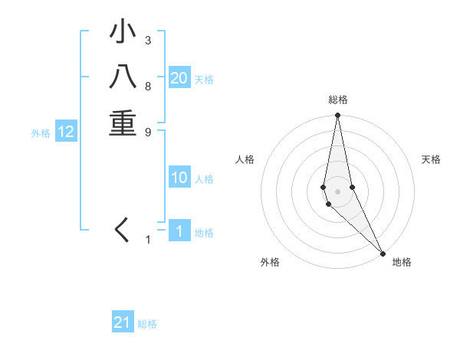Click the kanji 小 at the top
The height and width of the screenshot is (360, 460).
click(x=123, y=33)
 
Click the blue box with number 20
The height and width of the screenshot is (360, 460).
click(x=179, y=78)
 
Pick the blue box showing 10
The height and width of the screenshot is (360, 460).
click(x=179, y=178)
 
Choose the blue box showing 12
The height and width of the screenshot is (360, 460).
click(x=66, y=133)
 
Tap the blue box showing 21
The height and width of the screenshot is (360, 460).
click(x=123, y=322)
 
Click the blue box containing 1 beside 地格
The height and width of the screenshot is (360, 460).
click(x=179, y=231)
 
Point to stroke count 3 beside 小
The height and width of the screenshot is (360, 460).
click(x=148, y=40)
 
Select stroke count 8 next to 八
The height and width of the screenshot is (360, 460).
click(x=148, y=86)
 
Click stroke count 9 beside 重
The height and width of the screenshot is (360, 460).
click(x=148, y=131)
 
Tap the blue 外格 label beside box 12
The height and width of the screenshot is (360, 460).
click(x=41, y=133)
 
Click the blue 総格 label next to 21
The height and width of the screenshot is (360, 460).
click(x=147, y=324)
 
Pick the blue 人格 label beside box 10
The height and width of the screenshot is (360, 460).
click(x=204, y=179)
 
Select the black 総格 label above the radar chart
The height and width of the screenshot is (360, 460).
click(x=338, y=100)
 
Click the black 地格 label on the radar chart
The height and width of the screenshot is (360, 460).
click(x=402, y=262)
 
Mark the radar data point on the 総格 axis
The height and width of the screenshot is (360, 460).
click(x=338, y=116)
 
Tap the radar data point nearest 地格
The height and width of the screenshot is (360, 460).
click(x=383, y=253)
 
